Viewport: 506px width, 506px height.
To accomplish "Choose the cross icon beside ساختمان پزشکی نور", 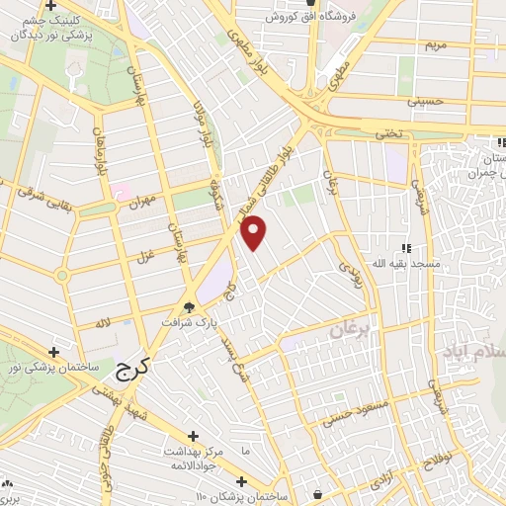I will click(x=54, y=351).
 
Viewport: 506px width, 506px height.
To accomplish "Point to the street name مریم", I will click(x=437, y=45).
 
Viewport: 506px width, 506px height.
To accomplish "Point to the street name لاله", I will click(x=101, y=324).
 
